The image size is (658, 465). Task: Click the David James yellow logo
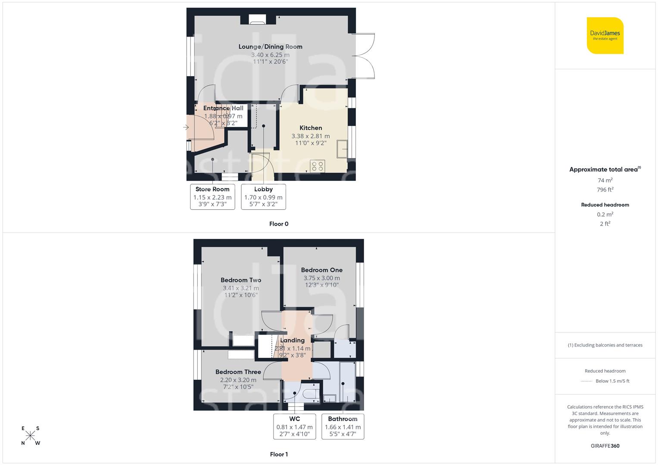pyautogui.click(x=605, y=35)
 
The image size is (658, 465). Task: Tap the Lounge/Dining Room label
pyautogui.click(x=270, y=46)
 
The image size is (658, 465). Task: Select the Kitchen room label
pyautogui.click(x=311, y=128)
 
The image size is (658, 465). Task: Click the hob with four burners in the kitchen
pyautogui.click(x=318, y=166)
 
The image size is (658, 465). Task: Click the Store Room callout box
pyautogui.click(x=212, y=197)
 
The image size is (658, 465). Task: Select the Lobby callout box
pyautogui.click(x=263, y=197)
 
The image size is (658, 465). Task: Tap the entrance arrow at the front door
pyautogui.click(x=186, y=127)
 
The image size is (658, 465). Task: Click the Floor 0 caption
pyautogui.click(x=279, y=224)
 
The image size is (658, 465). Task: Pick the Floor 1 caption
pyautogui.click(x=279, y=454)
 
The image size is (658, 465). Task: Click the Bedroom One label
pyautogui.click(x=321, y=270)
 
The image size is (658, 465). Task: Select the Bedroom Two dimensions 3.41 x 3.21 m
pyautogui.click(x=241, y=288)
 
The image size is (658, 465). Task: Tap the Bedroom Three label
pyautogui.click(x=238, y=372)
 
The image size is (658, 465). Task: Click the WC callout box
pyautogui.click(x=295, y=426)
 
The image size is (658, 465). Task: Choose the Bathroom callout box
pyautogui.click(x=343, y=426)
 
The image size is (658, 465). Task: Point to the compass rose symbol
pyautogui.click(x=31, y=436)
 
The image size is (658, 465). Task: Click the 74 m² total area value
pyautogui.click(x=605, y=180)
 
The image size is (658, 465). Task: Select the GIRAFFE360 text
pyautogui.click(x=605, y=446)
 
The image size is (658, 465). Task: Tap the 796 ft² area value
pyautogui.click(x=605, y=190)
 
